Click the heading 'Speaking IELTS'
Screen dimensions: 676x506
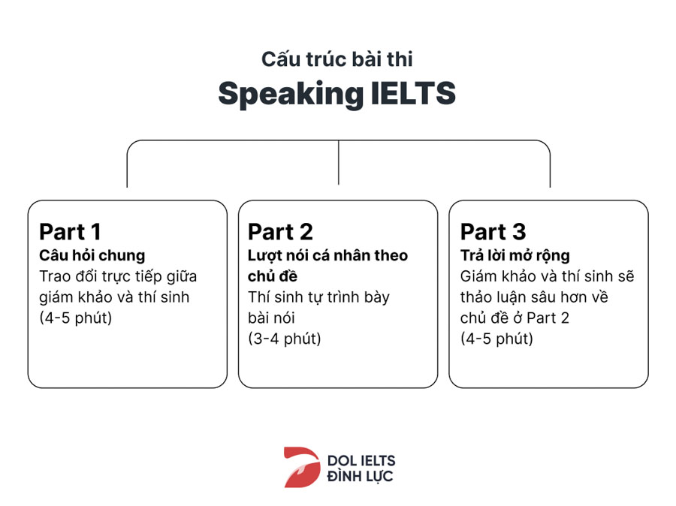coord(336,94)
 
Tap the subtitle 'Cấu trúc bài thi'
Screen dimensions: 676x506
coord(336,59)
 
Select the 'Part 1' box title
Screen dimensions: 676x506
coord(70,231)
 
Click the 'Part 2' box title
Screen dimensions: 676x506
coord(280,231)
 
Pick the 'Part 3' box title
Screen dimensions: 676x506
coord(493,231)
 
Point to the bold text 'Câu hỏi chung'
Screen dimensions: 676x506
coord(92,255)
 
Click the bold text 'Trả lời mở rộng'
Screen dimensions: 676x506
coord(515,255)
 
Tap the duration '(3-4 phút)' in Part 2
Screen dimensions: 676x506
coord(284,339)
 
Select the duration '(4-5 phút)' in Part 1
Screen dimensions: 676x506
coord(75,318)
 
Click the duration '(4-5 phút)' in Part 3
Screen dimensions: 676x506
coord(496,339)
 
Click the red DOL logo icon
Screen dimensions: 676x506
coord(302,467)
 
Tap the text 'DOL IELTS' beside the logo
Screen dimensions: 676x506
coord(361,460)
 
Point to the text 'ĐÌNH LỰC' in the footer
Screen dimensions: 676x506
coord(360,476)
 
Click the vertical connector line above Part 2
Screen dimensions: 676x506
coord(339,162)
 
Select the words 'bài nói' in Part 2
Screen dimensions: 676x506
coord(271,318)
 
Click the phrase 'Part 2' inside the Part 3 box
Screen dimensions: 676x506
coord(548,318)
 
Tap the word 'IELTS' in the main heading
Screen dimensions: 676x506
coord(413,93)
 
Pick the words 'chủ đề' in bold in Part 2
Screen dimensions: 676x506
coord(273,276)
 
